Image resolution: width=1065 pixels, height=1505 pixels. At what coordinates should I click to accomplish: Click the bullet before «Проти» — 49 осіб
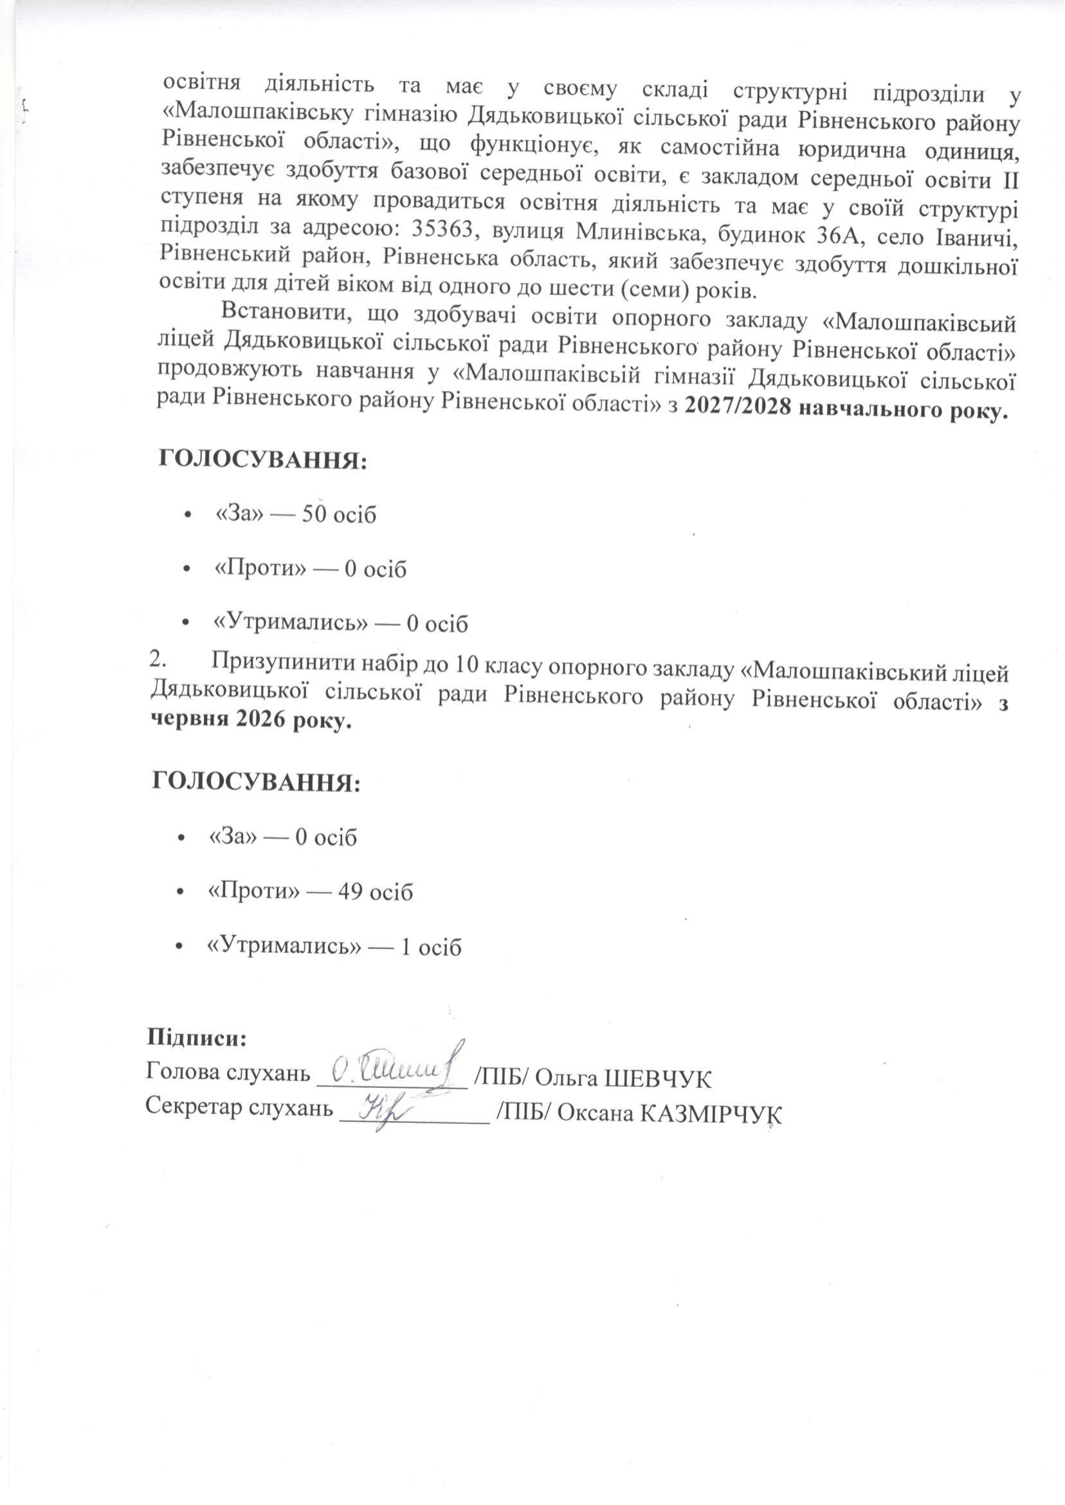tap(179, 892)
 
